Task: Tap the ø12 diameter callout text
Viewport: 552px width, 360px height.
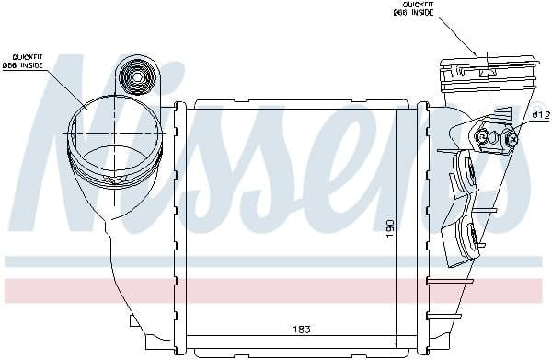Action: [540, 114]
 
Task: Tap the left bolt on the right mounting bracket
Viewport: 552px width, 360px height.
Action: [482, 138]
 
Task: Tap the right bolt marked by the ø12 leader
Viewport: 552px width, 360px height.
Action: [511, 139]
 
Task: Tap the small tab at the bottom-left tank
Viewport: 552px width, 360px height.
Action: [135, 323]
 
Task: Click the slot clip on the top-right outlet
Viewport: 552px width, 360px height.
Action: [487, 66]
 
